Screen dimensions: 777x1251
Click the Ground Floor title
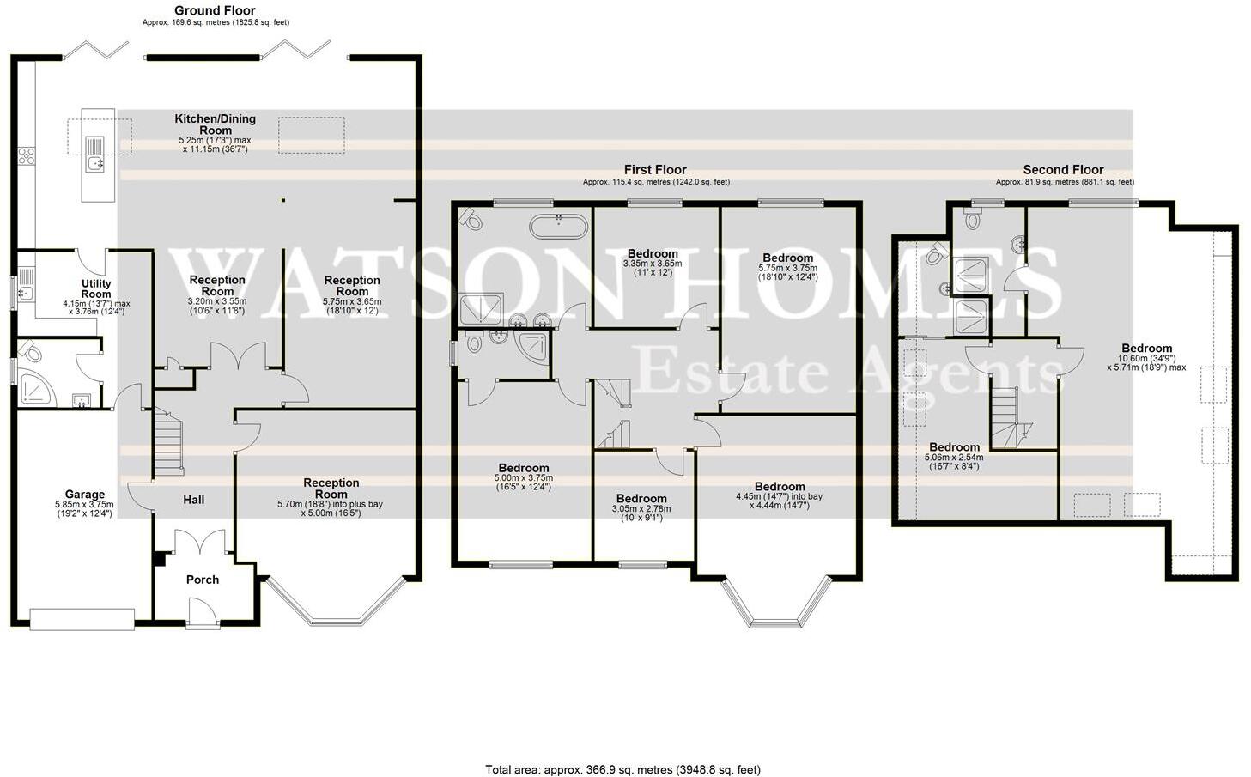tap(215, 10)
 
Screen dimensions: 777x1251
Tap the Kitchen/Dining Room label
tap(215, 124)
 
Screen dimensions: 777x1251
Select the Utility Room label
tap(96, 288)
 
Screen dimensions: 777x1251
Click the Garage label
tap(85, 495)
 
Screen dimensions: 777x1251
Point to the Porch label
tap(203, 580)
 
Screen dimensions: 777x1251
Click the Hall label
tap(194, 500)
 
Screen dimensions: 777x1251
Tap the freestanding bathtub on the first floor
tap(559, 227)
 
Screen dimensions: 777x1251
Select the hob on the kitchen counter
tap(27, 155)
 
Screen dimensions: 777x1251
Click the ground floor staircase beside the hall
tap(168, 442)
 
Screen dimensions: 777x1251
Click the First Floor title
tap(655, 170)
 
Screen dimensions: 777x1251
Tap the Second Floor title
tap(1063, 170)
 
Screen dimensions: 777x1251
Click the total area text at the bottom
tap(622, 769)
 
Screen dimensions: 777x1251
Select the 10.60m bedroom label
tap(1145, 349)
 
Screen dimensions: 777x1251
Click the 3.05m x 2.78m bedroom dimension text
tap(641, 508)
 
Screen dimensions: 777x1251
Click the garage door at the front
tap(82, 618)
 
